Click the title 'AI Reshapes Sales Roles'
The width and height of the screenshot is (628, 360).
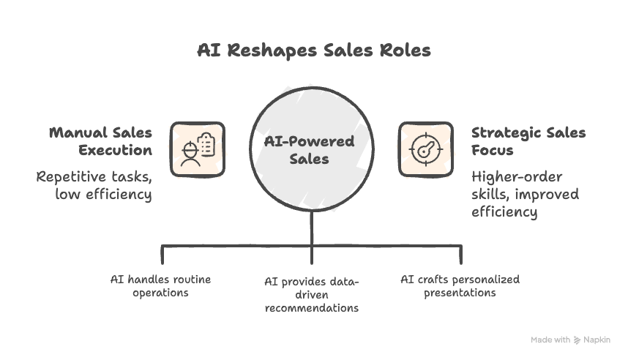click(313, 50)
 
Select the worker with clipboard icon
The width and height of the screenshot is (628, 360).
click(198, 149)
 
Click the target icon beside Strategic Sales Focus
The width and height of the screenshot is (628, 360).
click(425, 149)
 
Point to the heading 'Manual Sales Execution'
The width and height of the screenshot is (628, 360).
click(102, 141)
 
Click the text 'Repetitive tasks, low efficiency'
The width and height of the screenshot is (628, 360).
click(95, 185)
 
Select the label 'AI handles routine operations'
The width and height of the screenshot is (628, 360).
click(160, 285)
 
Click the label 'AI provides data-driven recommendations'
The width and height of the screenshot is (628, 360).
click(312, 295)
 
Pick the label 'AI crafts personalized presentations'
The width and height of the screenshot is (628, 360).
click(460, 285)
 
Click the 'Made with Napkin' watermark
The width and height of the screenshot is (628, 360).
click(569, 340)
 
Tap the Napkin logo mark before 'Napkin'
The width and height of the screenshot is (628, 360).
click(577, 340)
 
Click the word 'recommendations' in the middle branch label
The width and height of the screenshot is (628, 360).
click(312, 308)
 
